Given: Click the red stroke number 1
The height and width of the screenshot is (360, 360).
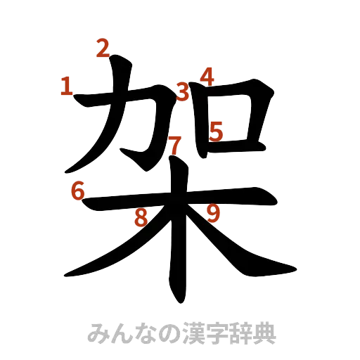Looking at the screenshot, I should [x=67, y=87].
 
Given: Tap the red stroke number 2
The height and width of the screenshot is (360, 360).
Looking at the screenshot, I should [x=103, y=49].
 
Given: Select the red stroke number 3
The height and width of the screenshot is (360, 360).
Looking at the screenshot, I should [x=184, y=91].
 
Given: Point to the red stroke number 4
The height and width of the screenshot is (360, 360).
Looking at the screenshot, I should [x=207, y=75].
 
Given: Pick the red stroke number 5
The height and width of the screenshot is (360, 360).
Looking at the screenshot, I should [x=216, y=131].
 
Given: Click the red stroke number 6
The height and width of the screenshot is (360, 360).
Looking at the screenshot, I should [x=77, y=190].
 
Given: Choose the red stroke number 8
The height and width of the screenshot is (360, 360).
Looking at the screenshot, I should [x=141, y=217].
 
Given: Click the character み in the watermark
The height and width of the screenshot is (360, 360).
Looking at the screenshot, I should [x=96, y=333].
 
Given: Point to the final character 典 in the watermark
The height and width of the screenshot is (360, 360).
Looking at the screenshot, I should [x=264, y=333].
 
